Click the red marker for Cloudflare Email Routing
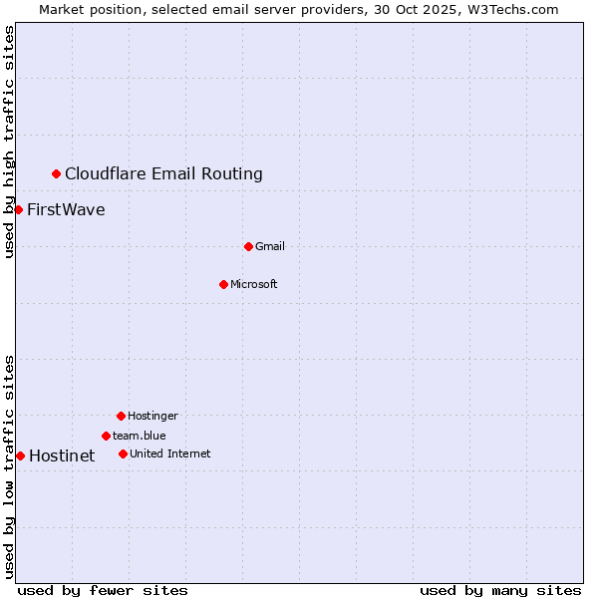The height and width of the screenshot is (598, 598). click(x=56, y=174)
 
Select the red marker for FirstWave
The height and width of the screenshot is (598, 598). click(x=18, y=209)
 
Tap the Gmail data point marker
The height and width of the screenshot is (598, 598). click(x=248, y=246)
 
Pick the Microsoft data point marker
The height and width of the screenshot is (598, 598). click(x=223, y=284)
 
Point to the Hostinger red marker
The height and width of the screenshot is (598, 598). click(x=121, y=416)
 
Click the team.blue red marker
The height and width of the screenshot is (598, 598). click(x=106, y=436)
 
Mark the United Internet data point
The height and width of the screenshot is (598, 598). click(x=123, y=453)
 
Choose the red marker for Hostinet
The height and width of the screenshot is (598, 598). click(x=20, y=455)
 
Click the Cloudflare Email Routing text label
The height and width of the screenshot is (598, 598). click(x=163, y=174)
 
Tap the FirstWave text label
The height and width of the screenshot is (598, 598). click(x=66, y=209)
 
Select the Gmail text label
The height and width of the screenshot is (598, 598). click(x=270, y=246)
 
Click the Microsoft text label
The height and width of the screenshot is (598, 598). click(x=254, y=284)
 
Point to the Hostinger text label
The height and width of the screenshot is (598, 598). click(x=152, y=416)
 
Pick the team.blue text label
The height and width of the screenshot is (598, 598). click(x=140, y=436)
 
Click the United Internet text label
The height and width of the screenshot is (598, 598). click(x=170, y=453)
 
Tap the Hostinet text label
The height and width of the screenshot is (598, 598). click(x=62, y=455)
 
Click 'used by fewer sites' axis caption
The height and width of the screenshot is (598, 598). click(x=103, y=590)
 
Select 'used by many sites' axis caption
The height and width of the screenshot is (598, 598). click(x=500, y=590)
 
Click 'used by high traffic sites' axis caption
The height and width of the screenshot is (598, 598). click(x=9, y=142)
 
